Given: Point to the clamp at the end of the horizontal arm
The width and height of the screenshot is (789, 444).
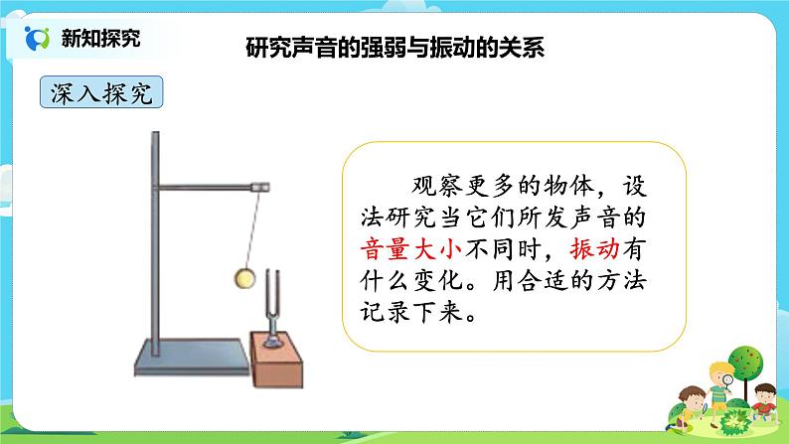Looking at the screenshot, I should [261, 185].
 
